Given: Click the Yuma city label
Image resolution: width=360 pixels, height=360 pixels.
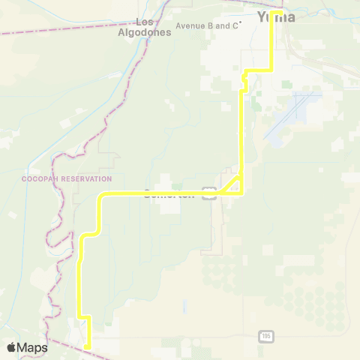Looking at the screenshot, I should tap(276, 16).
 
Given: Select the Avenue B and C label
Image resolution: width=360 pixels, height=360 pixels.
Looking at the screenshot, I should tap(206, 25).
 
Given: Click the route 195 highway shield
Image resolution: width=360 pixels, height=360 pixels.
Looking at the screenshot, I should tap(266, 335).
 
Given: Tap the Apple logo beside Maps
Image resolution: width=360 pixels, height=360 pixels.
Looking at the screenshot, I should tap(11, 347).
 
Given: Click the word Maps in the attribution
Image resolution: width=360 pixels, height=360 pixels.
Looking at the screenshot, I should tap(32, 347).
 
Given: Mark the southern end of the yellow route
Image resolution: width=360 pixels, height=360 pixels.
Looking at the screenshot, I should tap(88, 347).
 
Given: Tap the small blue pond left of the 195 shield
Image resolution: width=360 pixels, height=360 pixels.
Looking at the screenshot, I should tap(184, 307).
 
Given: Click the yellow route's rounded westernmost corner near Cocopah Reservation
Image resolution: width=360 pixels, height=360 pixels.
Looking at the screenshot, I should tap(101, 196).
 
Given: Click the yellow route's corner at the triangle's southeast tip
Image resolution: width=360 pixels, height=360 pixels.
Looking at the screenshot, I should tap(241, 193).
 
